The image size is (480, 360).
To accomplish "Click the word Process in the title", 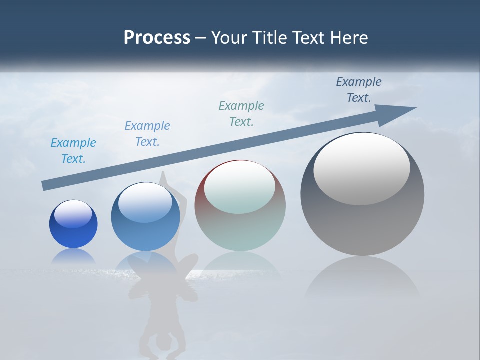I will pos(157,38).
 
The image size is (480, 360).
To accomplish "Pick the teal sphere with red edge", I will pos(240,225).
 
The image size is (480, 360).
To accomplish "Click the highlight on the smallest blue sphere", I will pos(73,214).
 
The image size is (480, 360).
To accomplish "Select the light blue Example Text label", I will pos(73,151).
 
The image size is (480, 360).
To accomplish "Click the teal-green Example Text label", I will pos(241,113).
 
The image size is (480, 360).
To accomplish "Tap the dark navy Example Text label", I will pos(359,89).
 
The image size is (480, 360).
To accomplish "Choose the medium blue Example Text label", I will pos(147,134).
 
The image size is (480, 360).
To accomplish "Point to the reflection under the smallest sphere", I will pos(73,256).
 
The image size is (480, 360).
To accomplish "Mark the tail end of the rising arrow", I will pos(46,186).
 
